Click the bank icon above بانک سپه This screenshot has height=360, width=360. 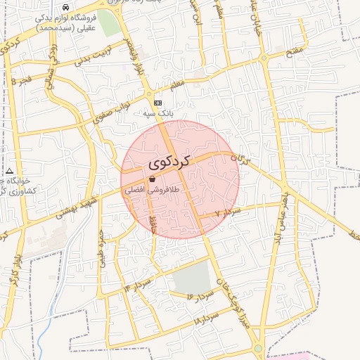coord(158,103)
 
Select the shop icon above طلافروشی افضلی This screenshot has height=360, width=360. coord(153,180)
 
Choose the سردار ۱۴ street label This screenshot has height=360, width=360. coord(138,285)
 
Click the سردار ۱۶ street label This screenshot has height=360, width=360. coord(199,297)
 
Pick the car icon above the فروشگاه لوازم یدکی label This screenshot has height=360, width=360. coord(66,6)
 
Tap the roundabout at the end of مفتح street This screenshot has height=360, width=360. coord(263,58)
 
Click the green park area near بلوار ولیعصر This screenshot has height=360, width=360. coord(109,23)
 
